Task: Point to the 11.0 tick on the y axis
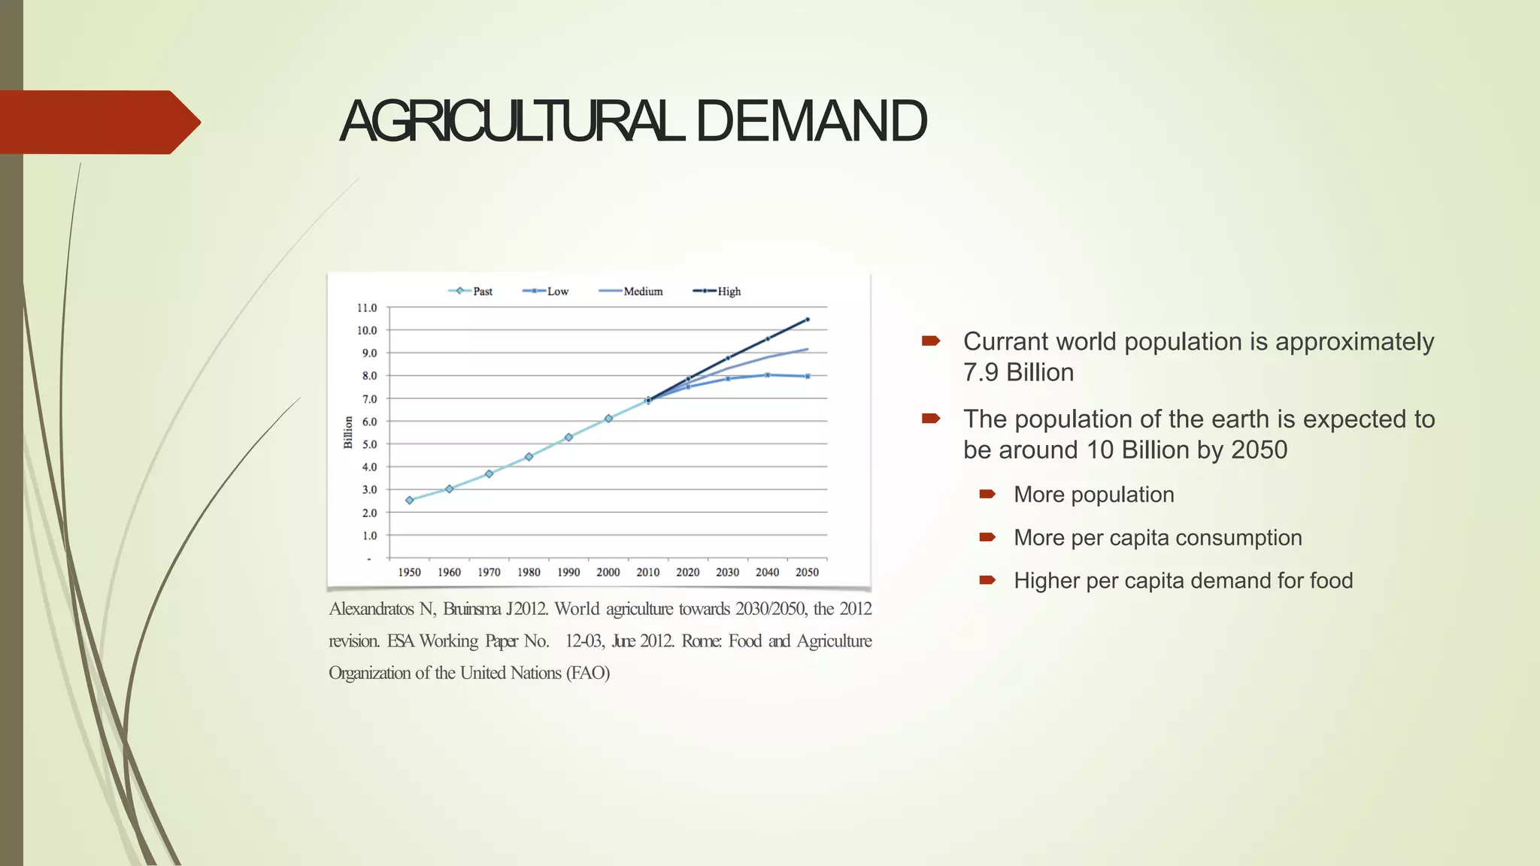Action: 367,308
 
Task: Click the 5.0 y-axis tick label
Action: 369,444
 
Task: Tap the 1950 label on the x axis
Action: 409,572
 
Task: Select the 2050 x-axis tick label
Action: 807,572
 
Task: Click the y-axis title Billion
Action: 348,432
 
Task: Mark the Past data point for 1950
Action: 410,500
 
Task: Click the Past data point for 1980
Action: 529,456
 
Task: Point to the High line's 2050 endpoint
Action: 808,319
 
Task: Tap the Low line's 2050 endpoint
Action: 808,376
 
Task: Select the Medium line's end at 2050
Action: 808,349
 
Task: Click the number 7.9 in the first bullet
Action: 981,373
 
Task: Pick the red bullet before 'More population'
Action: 987,494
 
